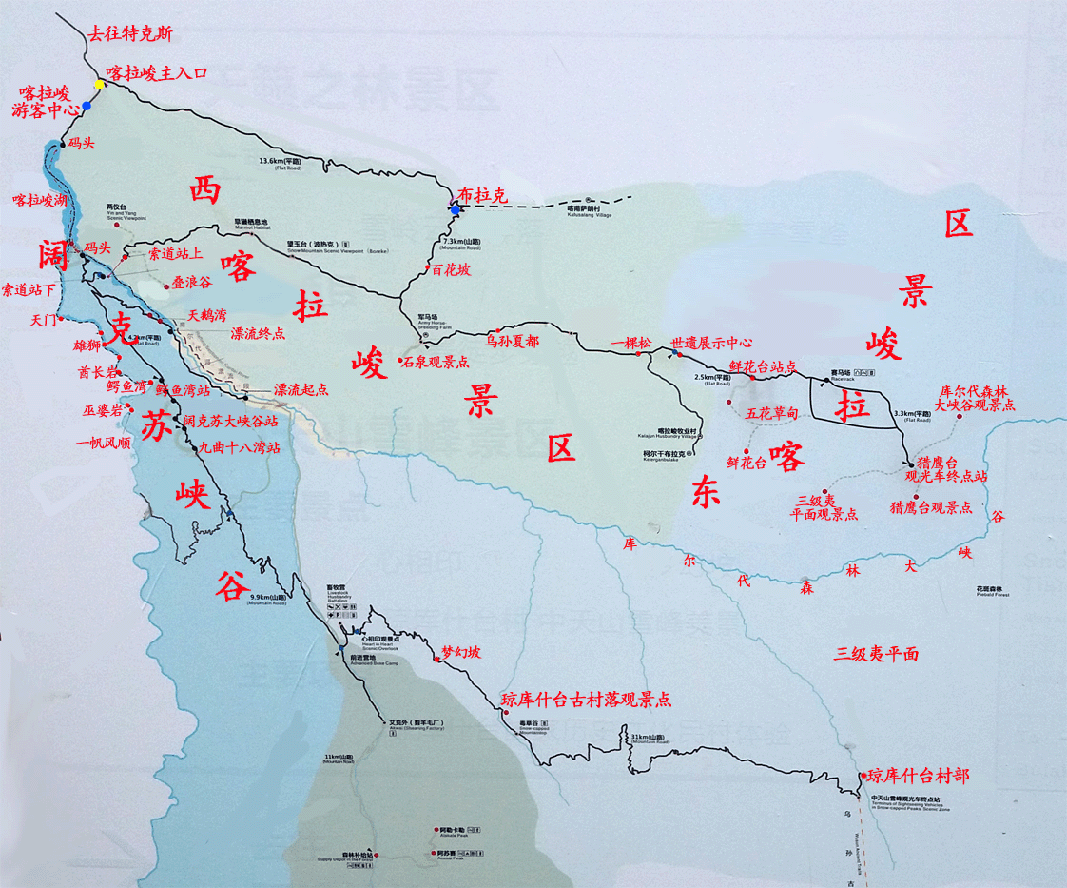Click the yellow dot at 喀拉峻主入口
click(99, 85)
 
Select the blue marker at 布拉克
click(455, 208)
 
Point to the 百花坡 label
click(450, 269)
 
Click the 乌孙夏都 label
click(512, 340)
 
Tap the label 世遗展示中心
click(711, 343)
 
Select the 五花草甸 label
click(771, 413)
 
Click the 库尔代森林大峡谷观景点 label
click(976, 398)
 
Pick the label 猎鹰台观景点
click(930, 507)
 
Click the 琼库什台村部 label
click(918, 776)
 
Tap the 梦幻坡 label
click(461, 653)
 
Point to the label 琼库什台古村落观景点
click(586, 700)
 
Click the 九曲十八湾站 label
click(239, 446)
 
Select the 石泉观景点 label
click(436, 362)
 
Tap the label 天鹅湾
click(206, 314)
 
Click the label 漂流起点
click(301, 390)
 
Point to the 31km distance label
click(650, 739)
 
